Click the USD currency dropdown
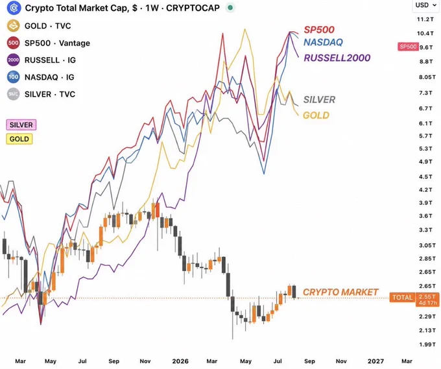pos(426,5)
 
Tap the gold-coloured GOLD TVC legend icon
pos(13,26)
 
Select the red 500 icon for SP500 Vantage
pos(13,43)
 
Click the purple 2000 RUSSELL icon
pos(13,60)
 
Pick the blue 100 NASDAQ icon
pos(13,77)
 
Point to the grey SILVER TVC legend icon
pos(13,94)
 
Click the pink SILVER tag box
pos(21,125)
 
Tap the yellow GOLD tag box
pos(19,139)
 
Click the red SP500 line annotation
pos(319,30)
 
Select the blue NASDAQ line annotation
pos(323,42)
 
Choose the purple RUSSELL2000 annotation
pos(337,58)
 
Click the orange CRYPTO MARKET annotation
pos(340,292)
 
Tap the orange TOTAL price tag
pos(402,297)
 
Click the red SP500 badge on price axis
pos(408,47)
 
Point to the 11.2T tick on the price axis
pos(425,19)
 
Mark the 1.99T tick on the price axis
pos(427,344)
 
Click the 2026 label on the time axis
pos(180,361)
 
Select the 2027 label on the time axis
pos(375,361)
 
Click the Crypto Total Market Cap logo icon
pos(14,8)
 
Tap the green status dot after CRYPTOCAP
pos(230,8)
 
